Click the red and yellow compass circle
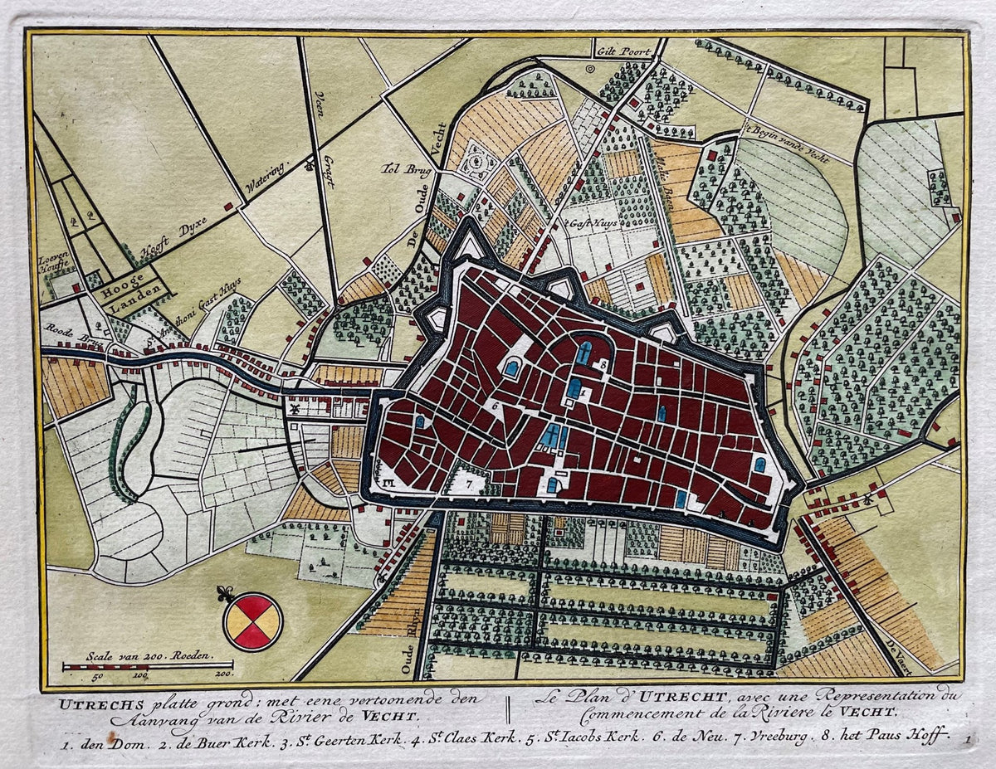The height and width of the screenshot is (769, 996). click(x=253, y=621)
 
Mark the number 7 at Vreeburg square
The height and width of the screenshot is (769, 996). click(x=468, y=480)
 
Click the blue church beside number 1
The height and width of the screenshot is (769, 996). click(x=574, y=387)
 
